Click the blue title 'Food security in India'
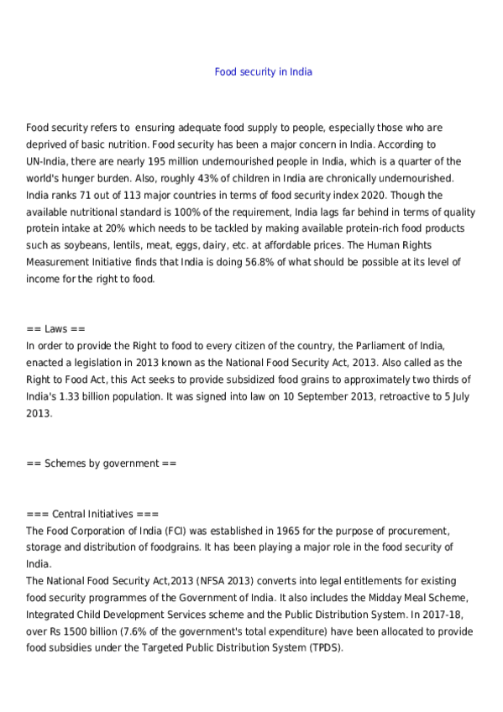coord(263,72)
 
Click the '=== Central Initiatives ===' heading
coord(92,514)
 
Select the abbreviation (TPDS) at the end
coord(323,648)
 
